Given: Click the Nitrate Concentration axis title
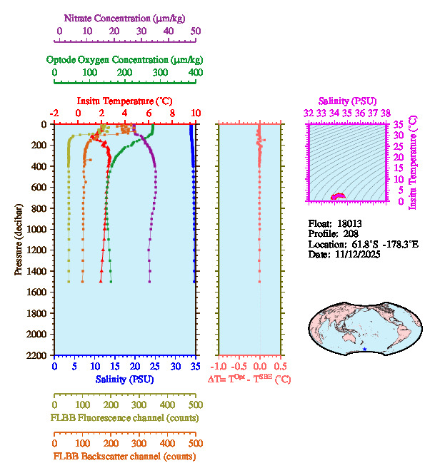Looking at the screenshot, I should click(126, 16).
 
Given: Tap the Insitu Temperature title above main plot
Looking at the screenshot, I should click(124, 101).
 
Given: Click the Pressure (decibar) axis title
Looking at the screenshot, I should click(19, 240).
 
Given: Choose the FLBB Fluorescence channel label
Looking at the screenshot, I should click(124, 418).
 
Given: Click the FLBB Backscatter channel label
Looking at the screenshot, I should click(124, 456).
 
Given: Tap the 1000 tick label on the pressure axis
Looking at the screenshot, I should click(37, 229).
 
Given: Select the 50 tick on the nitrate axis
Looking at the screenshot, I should click(195, 31).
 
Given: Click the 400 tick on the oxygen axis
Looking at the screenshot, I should click(195, 72).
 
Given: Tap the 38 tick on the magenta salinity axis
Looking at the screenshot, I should click(386, 112).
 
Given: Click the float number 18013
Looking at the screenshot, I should click(351, 223).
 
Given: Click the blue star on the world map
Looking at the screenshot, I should click(366, 350).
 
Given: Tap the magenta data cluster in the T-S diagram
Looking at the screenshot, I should click(336, 196).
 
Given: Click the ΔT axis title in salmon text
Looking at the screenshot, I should click(249, 379).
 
